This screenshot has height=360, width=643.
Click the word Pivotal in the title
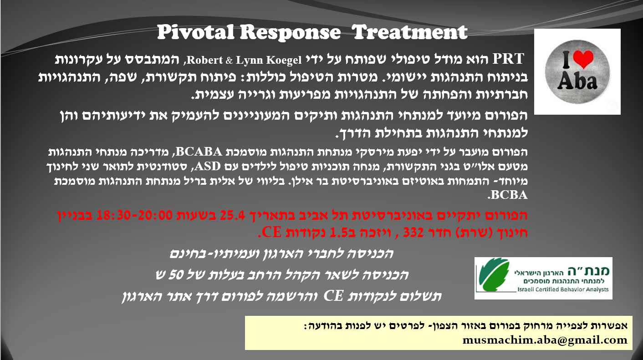pos(195,32)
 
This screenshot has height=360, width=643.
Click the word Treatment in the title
pos(410,32)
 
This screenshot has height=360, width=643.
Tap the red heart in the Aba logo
pos(583,59)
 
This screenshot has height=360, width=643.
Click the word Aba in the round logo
pos(577,81)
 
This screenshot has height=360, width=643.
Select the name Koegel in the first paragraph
pos(283,60)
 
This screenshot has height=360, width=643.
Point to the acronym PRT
pos(508,59)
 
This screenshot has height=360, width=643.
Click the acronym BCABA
pos(199,152)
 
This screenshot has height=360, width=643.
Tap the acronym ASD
pos(208,166)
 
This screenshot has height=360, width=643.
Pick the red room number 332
pos(413,233)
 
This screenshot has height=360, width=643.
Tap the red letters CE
pos(271,233)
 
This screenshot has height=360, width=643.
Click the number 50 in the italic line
pos(176,275)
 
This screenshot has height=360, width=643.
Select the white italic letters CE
pos(333,296)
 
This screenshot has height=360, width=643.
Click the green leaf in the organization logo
pos(493,274)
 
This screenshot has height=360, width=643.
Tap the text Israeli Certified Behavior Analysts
pos(563,289)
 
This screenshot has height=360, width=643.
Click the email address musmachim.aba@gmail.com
pos(545,340)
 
